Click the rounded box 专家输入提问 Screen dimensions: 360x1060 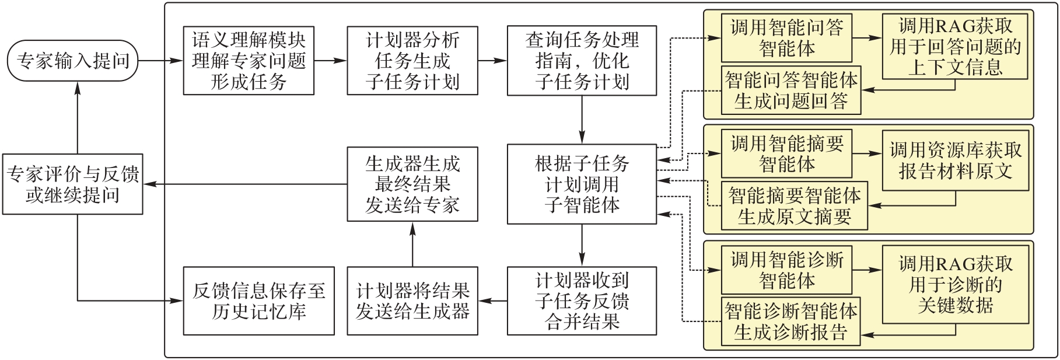[72, 61]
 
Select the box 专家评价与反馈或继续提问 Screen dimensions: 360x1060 [72, 184]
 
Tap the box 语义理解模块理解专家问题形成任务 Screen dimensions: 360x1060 [249, 61]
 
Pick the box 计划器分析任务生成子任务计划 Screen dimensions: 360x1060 [412, 61]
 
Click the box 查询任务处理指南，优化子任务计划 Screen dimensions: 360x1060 [582, 61]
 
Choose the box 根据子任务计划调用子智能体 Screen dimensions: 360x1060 [582, 184]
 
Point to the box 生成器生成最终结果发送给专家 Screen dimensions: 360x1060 [412, 184]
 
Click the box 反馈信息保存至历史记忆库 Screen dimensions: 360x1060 [258, 301]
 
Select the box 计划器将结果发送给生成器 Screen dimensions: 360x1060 [412, 301]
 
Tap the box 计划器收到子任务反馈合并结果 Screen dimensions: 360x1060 [582, 301]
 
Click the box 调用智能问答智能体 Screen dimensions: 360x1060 [786, 38]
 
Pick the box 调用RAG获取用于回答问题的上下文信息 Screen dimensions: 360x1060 [954, 47]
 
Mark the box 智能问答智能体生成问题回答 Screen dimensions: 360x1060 [791, 91]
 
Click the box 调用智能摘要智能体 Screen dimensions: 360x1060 [786, 154]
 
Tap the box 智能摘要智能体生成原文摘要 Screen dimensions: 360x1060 [794, 207]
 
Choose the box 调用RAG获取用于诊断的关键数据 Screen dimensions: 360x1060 [954, 285]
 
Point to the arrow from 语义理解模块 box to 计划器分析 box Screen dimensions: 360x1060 [330, 61]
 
